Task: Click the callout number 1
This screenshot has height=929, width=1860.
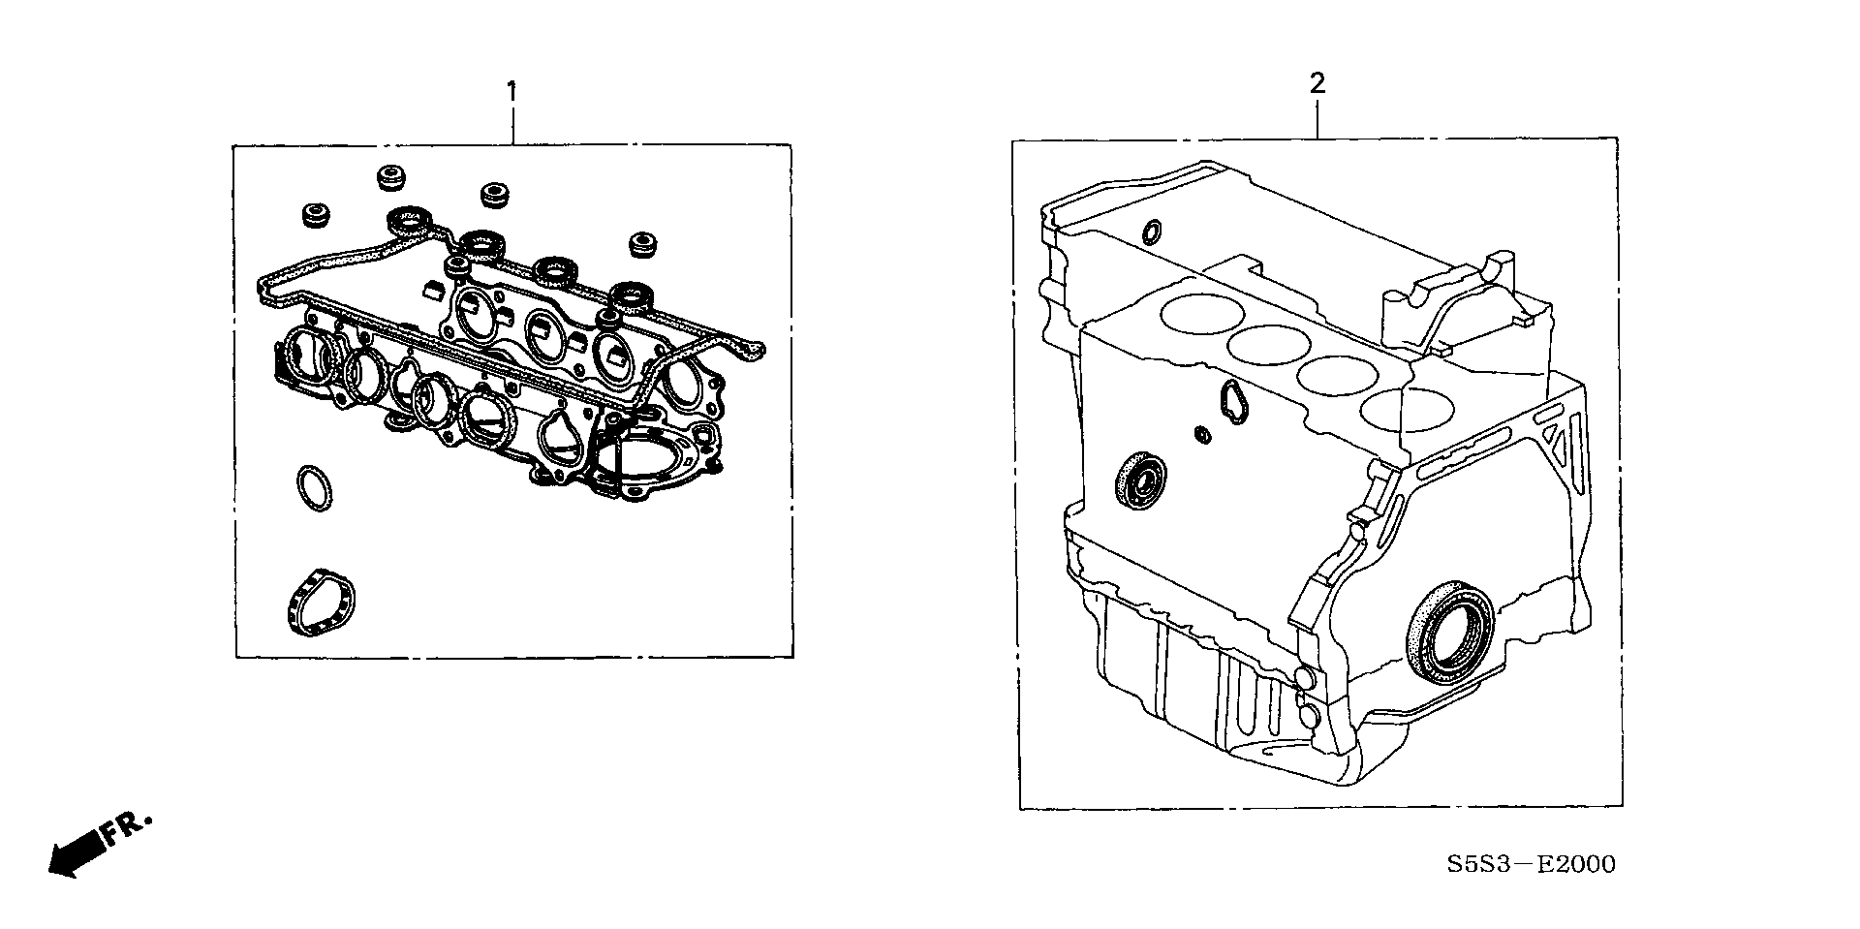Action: pyautogui.click(x=511, y=93)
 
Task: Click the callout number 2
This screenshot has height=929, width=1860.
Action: pyautogui.click(x=1317, y=84)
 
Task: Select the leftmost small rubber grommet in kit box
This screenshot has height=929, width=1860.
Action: pyautogui.click(x=315, y=216)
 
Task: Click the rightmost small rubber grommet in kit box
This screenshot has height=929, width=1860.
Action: pyautogui.click(x=640, y=245)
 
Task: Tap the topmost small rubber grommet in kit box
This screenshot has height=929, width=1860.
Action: pyautogui.click(x=390, y=177)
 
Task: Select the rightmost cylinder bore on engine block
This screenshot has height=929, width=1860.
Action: pyautogui.click(x=1395, y=410)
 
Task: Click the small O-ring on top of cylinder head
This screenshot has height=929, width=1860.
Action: pyautogui.click(x=1151, y=233)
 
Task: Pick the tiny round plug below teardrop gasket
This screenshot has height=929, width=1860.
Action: pyautogui.click(x=1203, y=434)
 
